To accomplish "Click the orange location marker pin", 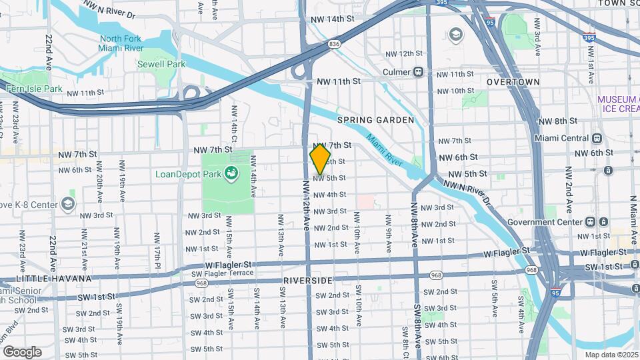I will (321, 159).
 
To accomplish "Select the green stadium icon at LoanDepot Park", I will (231, 174).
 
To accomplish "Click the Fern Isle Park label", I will (33, 89).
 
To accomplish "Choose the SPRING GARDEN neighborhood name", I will (375, 120).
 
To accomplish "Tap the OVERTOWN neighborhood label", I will (513, 81).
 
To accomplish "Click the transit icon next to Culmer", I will (419, 72).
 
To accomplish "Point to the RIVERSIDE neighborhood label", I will (307, 281).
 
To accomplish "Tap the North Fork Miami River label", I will (121, 43).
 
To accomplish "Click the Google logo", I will (22, 351).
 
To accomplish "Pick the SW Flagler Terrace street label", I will (223, 273).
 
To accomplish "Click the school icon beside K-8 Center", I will (67, 203).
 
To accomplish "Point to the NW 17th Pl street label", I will (157, 246).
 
